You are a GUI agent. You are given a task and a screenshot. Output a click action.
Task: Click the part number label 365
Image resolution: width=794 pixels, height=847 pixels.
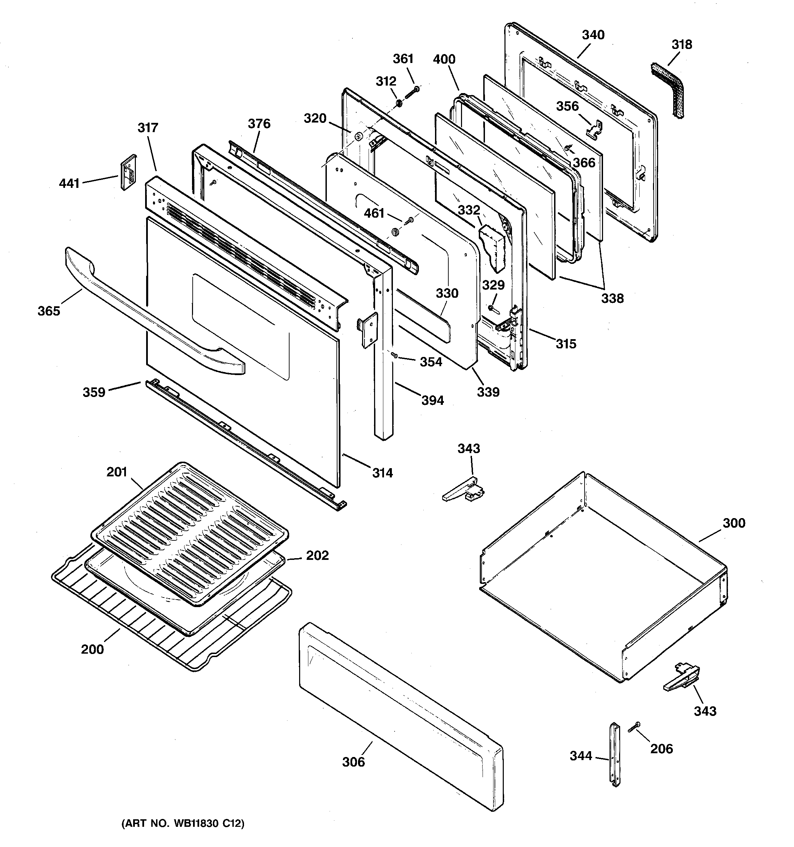point(49,311)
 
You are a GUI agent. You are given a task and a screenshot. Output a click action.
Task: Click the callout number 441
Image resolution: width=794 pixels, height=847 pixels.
point(69,184)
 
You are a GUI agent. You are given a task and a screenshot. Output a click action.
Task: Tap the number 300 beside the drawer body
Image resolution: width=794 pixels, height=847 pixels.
point(733,523)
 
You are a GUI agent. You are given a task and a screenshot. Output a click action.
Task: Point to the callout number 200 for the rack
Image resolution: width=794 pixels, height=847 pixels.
point(92,649)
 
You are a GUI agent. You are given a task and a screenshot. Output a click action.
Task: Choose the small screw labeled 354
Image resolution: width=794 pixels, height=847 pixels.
point(395,355)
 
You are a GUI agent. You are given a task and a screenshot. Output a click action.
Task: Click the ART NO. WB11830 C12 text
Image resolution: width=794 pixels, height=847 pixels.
point(183,824)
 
